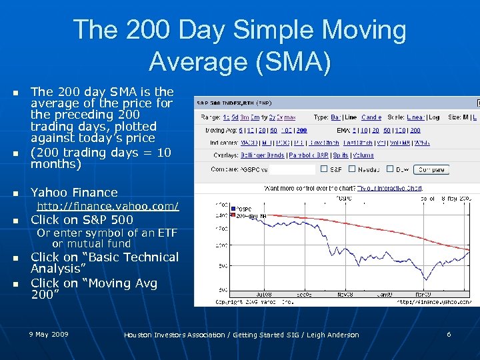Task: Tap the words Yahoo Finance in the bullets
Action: click(x=74, y=193)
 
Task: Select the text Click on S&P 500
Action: click(x=82, y=220)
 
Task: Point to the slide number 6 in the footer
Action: click(x=449, y=334)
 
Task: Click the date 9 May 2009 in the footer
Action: click(x=49, y=333)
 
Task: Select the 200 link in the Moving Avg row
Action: click(x=301, y=131)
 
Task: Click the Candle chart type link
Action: click(x=371, y=117)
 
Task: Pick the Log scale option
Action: click(x=433, y=117)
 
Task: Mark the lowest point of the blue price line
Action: click(x=425, y=280)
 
